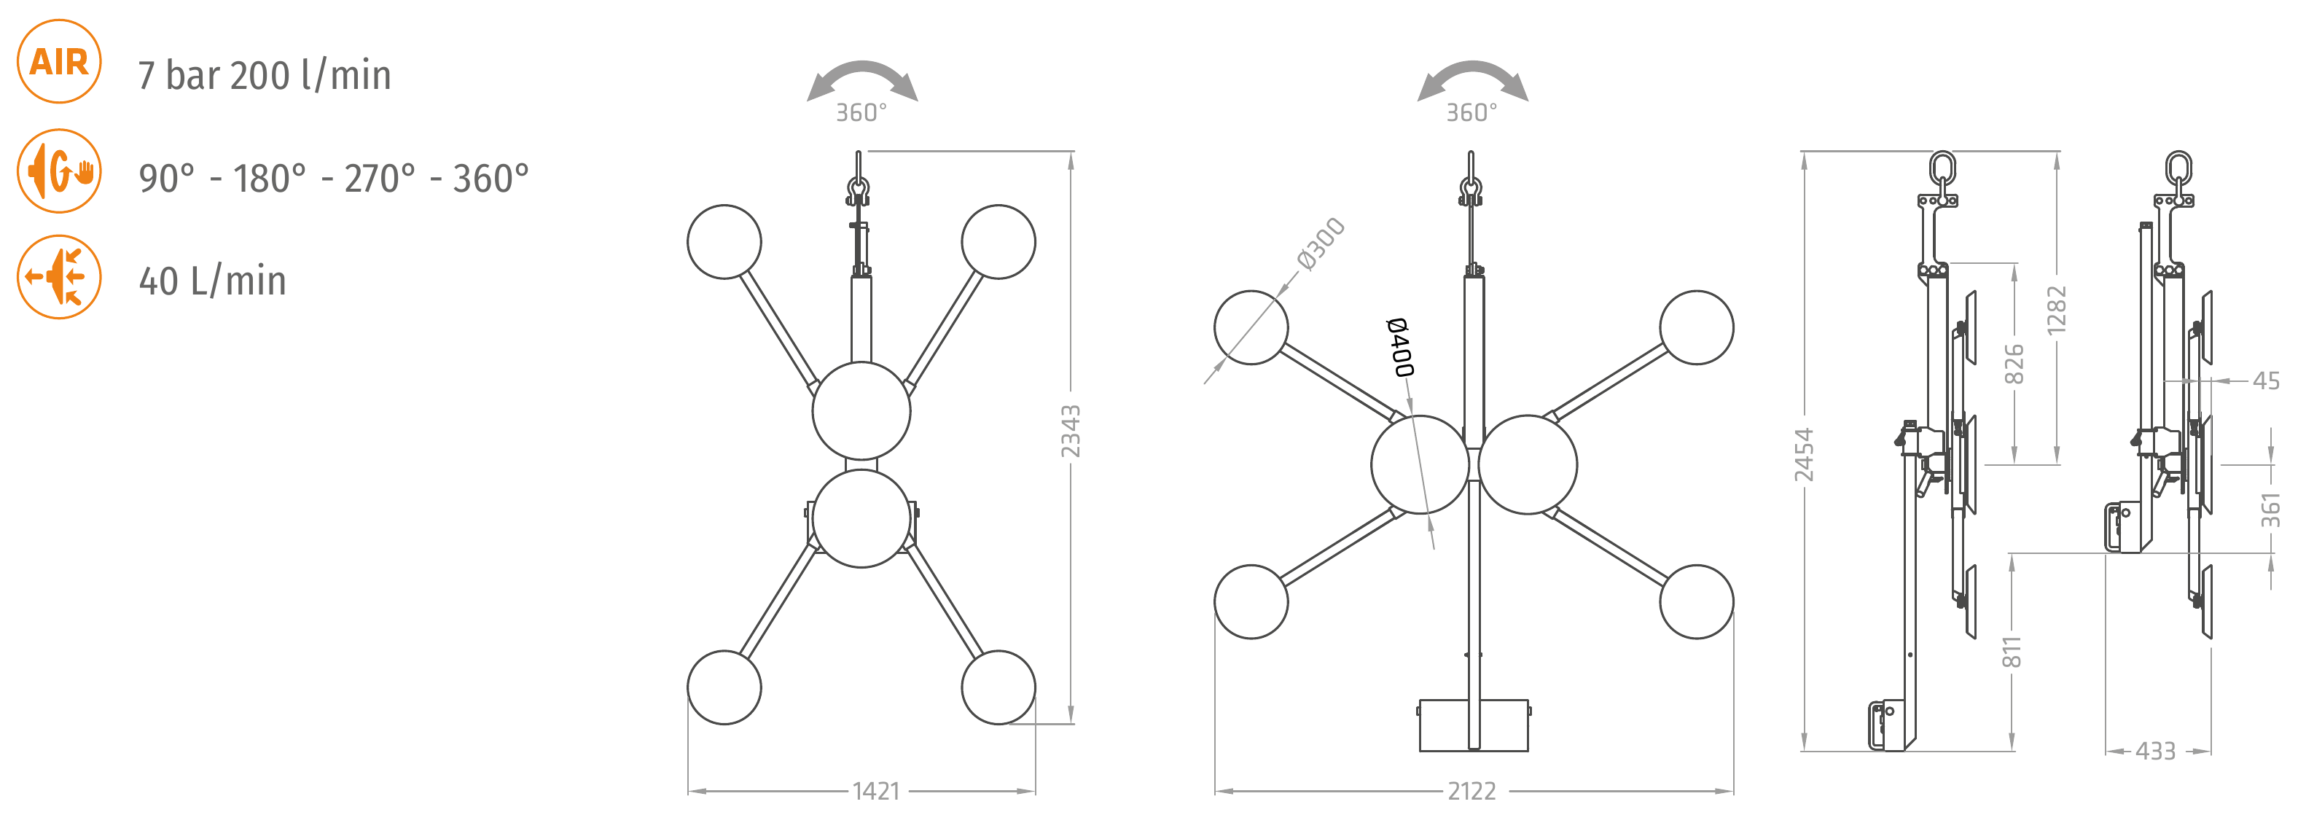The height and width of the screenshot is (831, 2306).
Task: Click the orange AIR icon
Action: coord(59,62)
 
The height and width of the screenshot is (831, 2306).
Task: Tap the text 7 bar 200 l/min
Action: coord(264,75)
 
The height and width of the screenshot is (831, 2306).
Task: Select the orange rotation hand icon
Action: coord(59,171)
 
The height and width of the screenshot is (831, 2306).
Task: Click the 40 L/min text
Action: coord(212,281)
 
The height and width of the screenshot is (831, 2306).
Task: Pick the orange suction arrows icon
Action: coord(59,277)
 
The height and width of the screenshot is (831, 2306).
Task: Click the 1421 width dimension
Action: coord(875,792)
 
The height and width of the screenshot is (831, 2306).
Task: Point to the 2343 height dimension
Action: coord(1071,432)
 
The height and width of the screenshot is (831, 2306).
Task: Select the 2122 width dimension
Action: coord(1471,792)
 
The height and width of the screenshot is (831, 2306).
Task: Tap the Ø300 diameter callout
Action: coord(1321,243)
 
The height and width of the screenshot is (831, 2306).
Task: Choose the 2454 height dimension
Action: coord(1804,455)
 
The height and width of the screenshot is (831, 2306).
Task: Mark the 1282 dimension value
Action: coord(2056,311)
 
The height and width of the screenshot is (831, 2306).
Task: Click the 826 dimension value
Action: coord(2013,364)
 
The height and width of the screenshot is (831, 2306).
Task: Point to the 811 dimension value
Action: coord(2012,653)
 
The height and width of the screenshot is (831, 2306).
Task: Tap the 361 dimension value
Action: coord(2270,510)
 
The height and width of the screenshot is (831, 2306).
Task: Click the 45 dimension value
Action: coord(2267,381)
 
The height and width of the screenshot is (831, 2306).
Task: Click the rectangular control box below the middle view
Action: coord(1474,725)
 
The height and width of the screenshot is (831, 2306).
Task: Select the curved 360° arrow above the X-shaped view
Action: coord(862,81)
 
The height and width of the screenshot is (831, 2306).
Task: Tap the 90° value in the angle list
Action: coord(166,178)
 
